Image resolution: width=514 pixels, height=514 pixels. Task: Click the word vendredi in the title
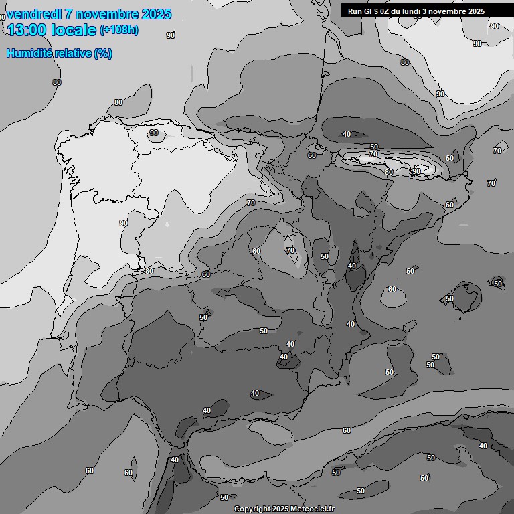[x=34, y=14]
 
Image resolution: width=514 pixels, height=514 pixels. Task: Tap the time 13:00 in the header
[x=27, y=29]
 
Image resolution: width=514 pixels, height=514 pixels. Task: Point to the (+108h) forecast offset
[x=118, y=30]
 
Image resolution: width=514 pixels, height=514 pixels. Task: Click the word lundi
[x=421, y=11]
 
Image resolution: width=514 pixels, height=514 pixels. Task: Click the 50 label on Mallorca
[x=450, y=298]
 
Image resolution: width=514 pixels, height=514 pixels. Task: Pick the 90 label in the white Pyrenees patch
[x=416, y=171]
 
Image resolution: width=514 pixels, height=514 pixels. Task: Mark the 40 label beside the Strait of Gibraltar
[x=175, y=460]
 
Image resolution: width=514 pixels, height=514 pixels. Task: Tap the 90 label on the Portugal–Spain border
[x=123, y=223]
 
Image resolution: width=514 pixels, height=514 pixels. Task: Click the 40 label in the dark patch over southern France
[x=346, y=134]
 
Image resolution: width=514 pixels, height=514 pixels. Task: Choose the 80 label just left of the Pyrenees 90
[x=388, y=172]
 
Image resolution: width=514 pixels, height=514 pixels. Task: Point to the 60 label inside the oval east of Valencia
[x=392, y=290]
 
